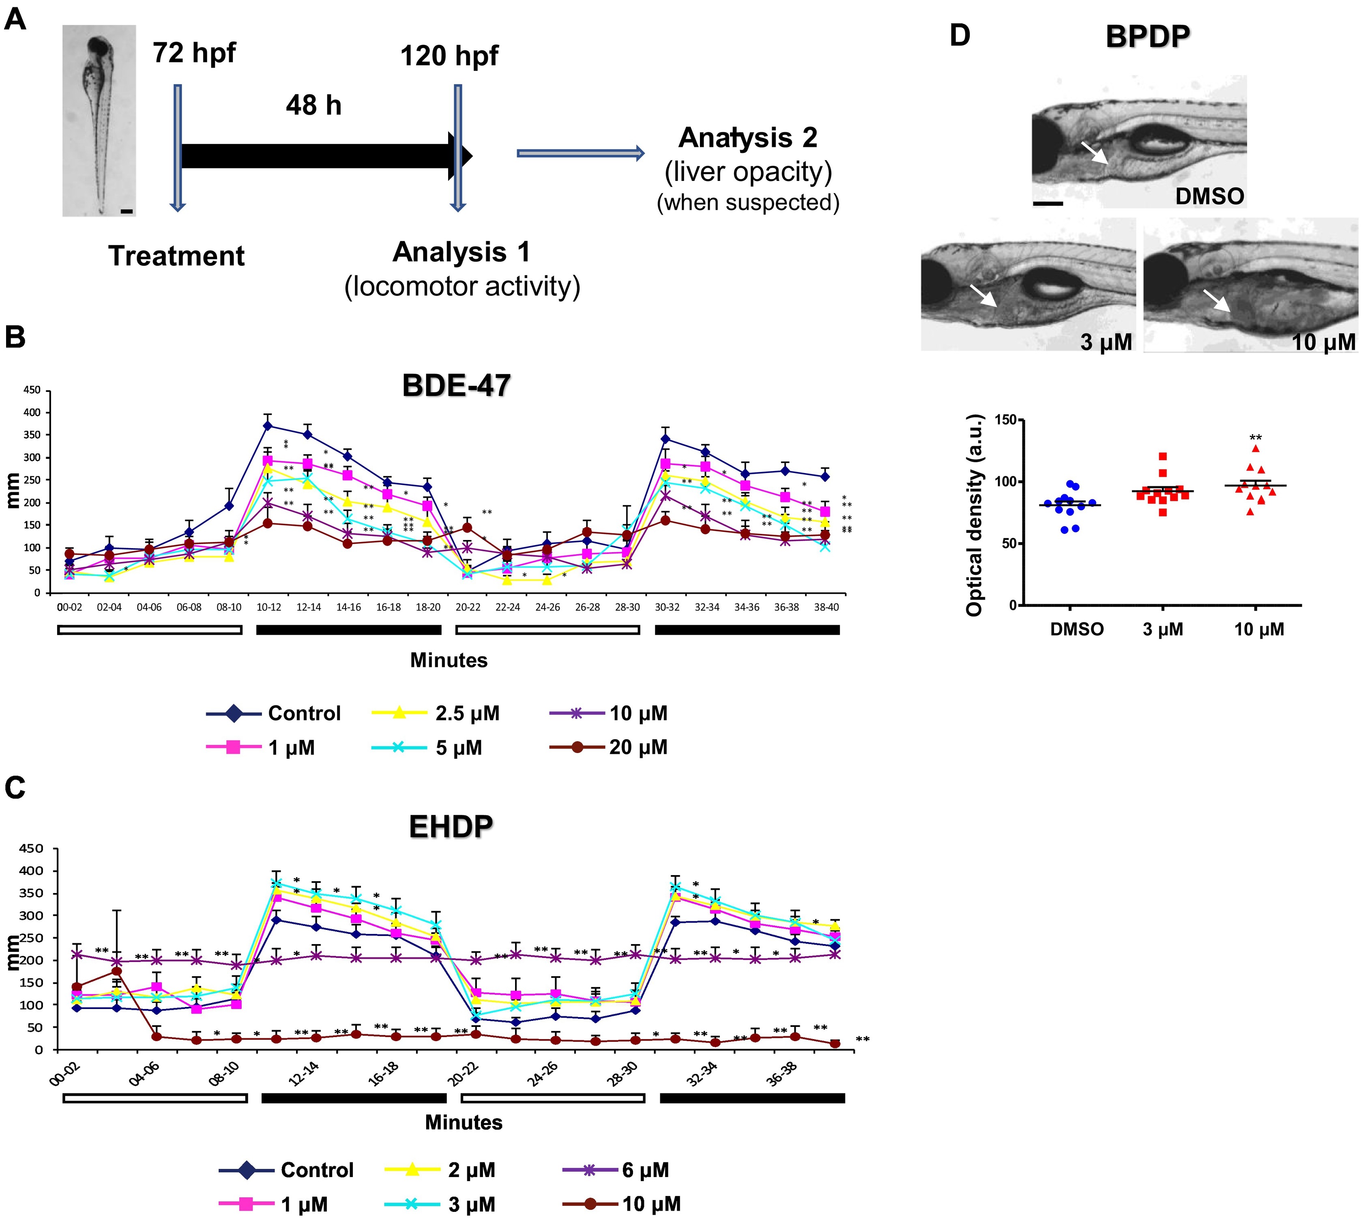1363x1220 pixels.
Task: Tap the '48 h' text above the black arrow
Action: [313, 105]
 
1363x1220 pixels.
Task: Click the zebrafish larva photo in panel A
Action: [99, 120]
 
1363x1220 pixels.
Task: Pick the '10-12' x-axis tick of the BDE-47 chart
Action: [269, 607]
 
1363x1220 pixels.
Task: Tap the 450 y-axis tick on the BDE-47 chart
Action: [32, 390]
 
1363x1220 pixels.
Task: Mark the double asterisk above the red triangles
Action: [1255, 439]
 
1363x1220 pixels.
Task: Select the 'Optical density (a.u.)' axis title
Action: [975, 515]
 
